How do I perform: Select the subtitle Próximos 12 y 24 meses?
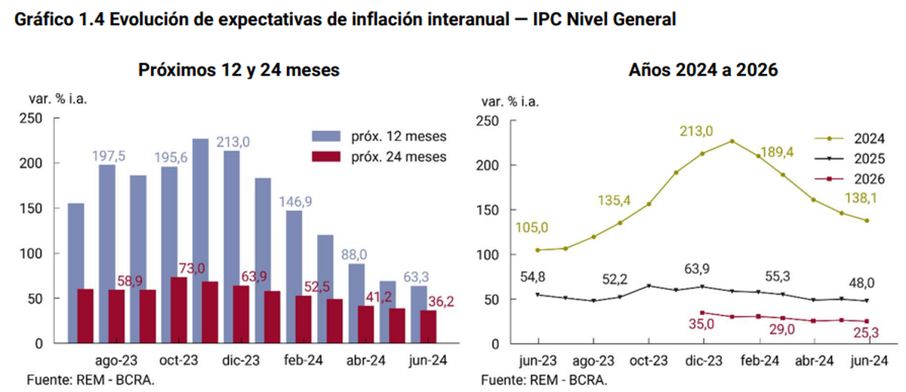click(x=239, y=70)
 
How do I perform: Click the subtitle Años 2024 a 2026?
click(x=704, y=70)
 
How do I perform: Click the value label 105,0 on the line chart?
click(x=532, y=228)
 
